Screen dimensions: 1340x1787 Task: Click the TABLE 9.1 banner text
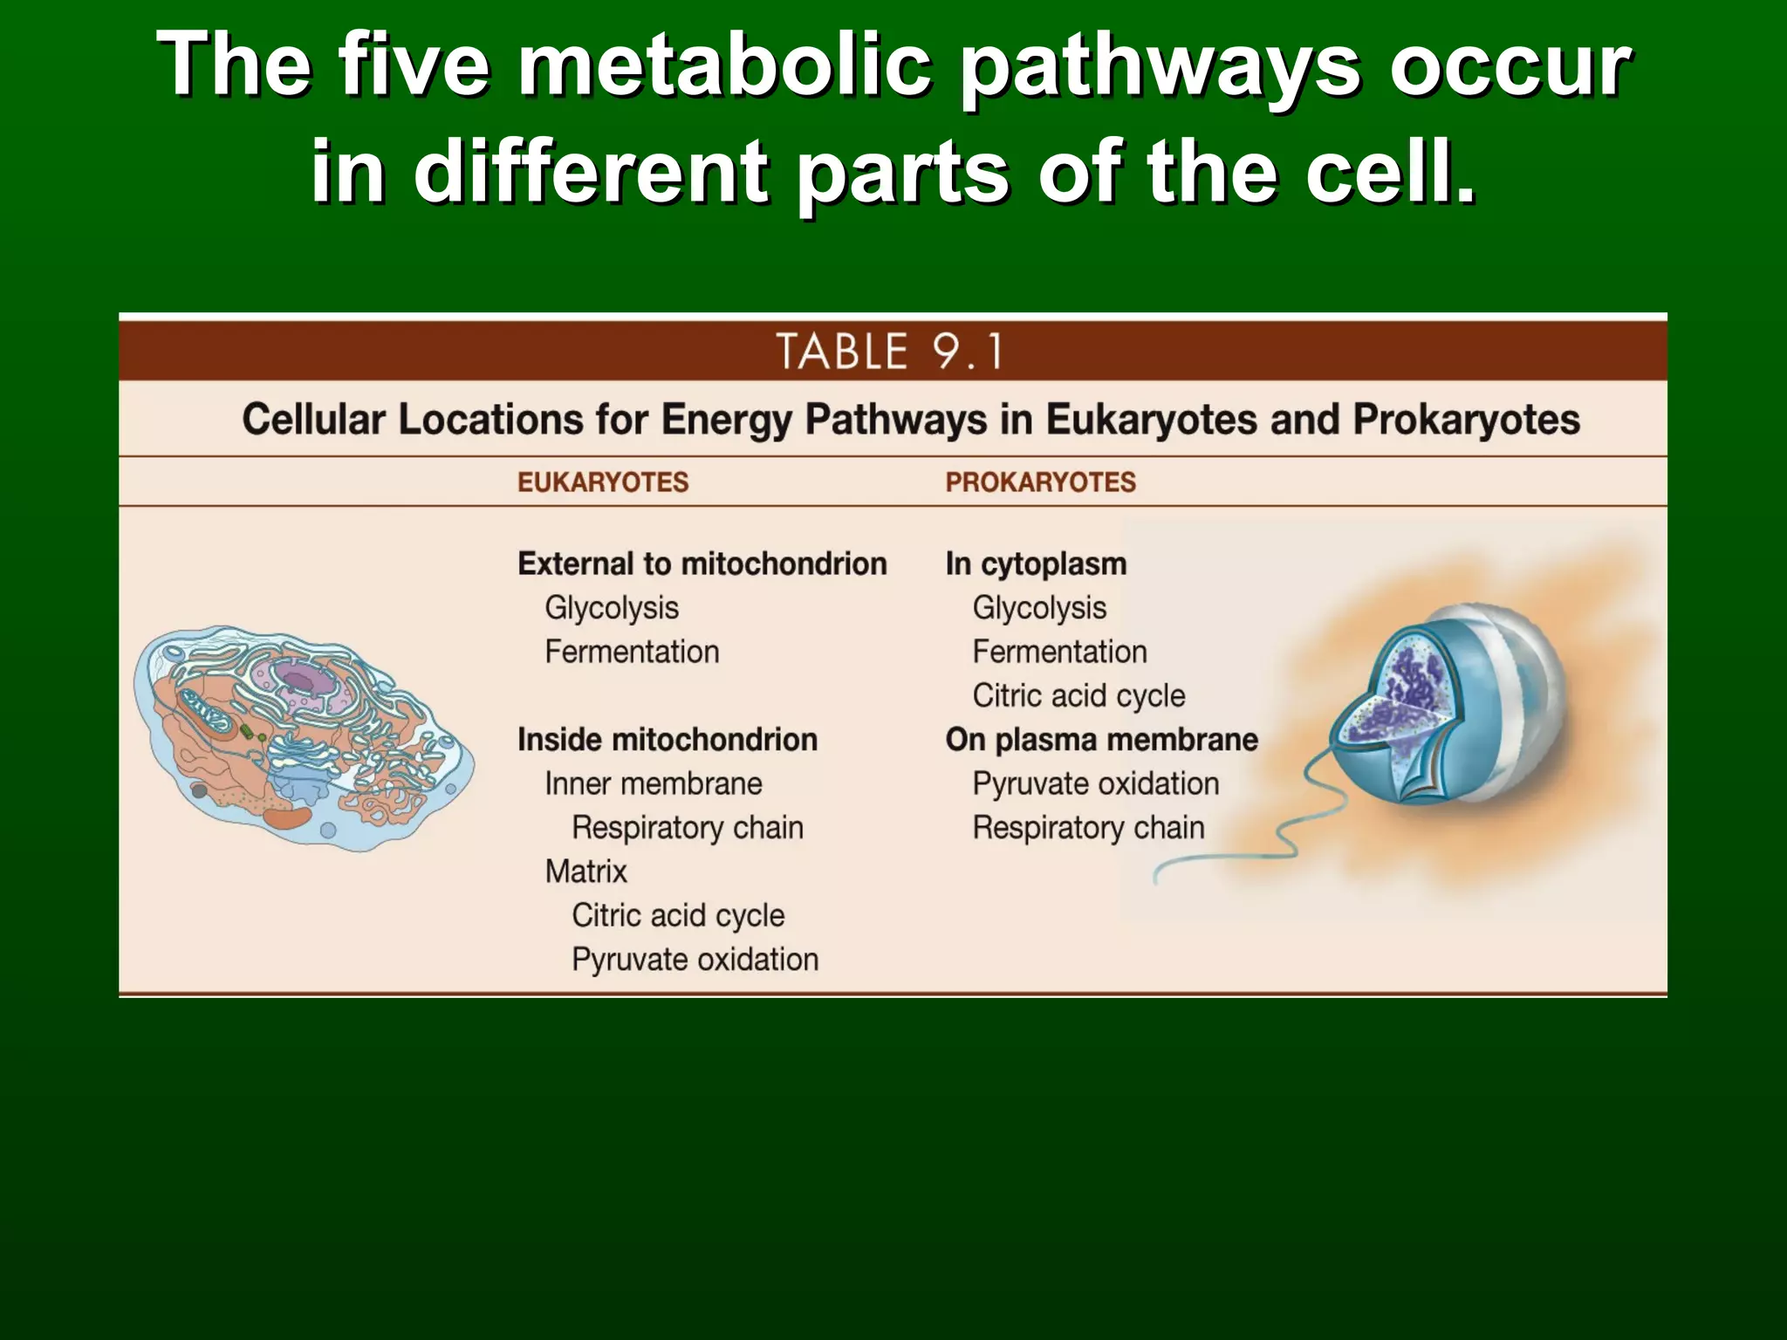(x=889, y=352)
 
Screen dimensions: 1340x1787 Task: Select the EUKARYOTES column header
(x=603, y=482)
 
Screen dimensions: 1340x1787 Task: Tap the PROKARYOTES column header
(x=1040, y=482)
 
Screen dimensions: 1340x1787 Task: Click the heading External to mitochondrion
(x=702, y=564)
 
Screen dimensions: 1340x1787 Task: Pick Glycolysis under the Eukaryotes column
(x=611, y=607)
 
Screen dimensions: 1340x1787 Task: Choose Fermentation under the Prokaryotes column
(x=1059, y=652)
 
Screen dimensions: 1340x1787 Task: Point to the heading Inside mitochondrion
(x=668, y=740)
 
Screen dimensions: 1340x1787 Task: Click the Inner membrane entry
(x=653, y=783)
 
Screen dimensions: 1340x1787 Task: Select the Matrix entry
(x=585, y=872)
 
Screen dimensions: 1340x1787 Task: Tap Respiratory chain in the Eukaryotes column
(x=687, y=827)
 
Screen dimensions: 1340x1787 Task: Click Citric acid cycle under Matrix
(x=678, y=915)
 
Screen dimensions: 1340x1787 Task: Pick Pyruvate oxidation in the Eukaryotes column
(x=695, y=960)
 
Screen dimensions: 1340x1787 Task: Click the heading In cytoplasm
(x=1036, y=564)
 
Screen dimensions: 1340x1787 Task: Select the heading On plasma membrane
(x=1101, y=740)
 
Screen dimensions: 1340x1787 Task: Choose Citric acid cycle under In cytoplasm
(x=1078, y=695)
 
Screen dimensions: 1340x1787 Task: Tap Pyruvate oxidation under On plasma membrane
(x=1095, y=783)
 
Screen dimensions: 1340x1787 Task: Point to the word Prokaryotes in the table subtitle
(x=1466, y=420)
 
